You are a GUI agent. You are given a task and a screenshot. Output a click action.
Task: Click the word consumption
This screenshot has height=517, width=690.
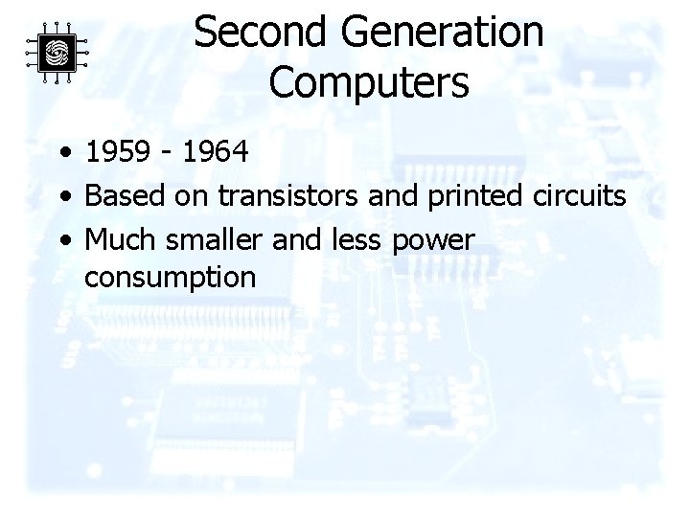pyautogui.click(x=170, y=279)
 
